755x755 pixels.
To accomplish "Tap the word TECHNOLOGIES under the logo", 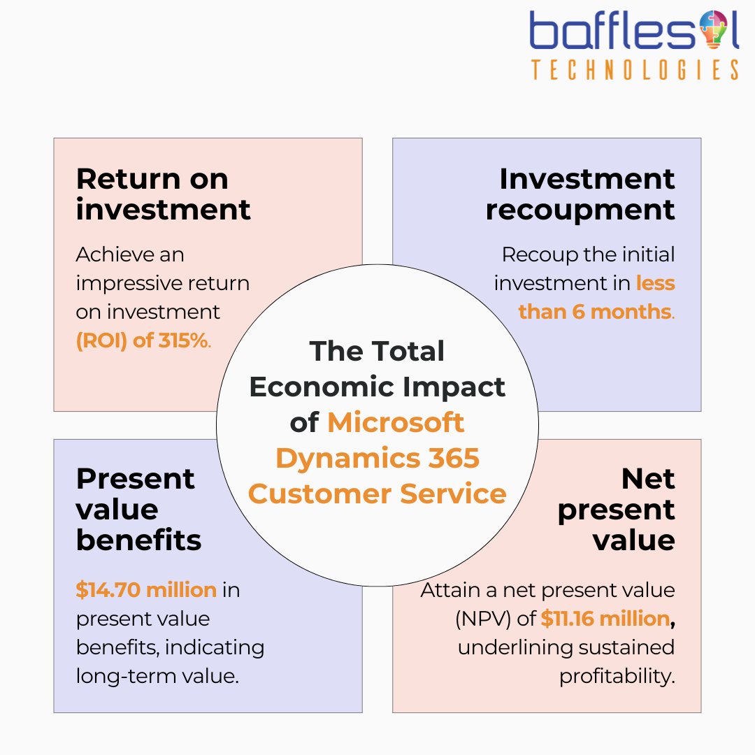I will tap(635, 70).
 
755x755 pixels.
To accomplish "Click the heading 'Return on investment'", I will tap(163, 194).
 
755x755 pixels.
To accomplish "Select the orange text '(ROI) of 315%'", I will tap(142, 341).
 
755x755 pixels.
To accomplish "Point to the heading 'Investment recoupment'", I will tap(580, 194).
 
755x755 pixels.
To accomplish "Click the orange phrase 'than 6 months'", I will tap(594, 311).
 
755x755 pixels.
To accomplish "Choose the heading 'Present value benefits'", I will tap(138, 509).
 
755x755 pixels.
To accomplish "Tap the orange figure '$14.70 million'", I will tap(146, 590).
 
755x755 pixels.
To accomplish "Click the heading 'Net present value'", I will tap(616, 509).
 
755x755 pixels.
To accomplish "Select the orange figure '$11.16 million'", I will tap(605, 619).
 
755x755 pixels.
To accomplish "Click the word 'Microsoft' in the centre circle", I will tap(396, 422).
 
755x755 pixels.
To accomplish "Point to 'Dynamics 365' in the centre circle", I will tap(377, 458).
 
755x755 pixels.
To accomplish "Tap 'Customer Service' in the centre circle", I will tap(377, 494).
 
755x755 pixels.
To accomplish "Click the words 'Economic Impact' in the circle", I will tap(377, 387).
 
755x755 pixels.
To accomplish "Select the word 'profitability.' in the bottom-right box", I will tap(617, 676).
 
